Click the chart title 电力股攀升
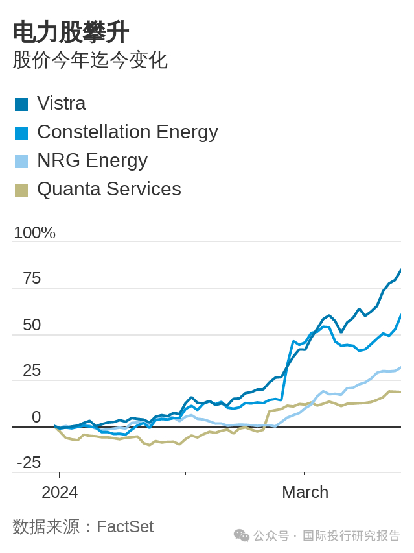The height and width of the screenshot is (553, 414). coord(71,32)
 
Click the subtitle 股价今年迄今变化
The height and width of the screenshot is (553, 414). coord(90,60)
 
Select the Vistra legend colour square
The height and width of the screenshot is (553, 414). coord(21,104)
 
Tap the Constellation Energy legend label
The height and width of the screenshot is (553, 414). coord(127,132)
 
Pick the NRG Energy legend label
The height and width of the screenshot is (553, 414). coord(92,160)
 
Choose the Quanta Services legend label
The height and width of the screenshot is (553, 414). coord(109,189)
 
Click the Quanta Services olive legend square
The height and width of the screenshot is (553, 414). coord(21,190)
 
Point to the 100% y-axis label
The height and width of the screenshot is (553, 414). coord(34,232)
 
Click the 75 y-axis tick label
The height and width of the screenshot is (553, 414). coord(32,278)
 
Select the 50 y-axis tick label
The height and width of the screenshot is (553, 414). coord(32,325)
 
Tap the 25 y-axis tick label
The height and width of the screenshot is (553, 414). coord(32,371)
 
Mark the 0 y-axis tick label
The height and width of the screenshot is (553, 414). coord(36,417)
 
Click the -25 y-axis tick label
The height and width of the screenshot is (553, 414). coord(29,462)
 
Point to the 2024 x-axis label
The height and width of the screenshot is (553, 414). coord(60,492)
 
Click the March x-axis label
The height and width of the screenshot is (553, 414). coord(305,492)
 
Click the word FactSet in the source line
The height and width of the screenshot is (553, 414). coord(125,526)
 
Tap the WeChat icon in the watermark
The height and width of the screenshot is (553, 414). coord(241,535)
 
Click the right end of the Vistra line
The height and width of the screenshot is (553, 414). coord(400,270)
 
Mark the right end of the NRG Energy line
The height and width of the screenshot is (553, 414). coord(400,368)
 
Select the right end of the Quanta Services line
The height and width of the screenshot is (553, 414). coord(400,392)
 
